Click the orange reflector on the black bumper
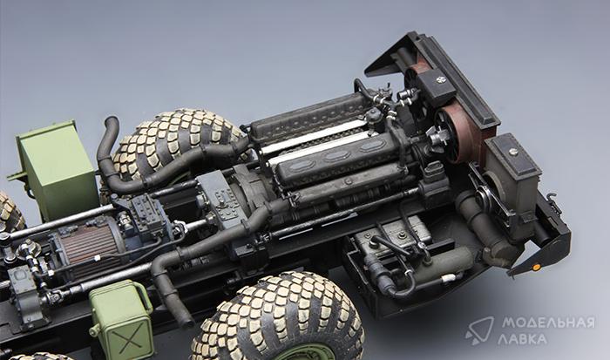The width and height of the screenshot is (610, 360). [x=536, y=268]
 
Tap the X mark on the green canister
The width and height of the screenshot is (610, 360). [x=129, y=338]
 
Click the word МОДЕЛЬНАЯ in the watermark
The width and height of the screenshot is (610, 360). [x=548, y=323]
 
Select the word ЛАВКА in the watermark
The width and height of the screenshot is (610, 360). [x=522, y=339]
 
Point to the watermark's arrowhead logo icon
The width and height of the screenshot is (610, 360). [x=479, y=331]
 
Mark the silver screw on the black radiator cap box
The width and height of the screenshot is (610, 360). [x=441, y=80]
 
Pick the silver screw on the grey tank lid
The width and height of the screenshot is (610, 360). [x=513, y=153]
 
